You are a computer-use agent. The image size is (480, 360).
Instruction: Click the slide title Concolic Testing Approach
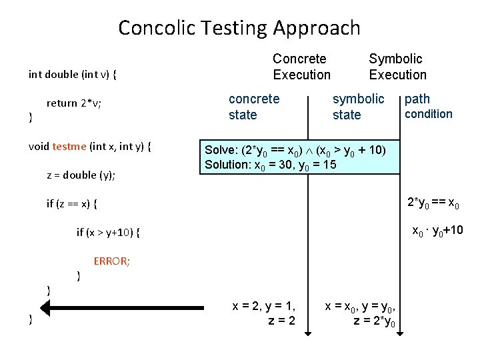[239, 28]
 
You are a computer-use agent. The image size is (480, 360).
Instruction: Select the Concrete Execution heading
[301, 67]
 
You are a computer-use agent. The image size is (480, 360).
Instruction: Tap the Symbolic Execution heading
[397, 67]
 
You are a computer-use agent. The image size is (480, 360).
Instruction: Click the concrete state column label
[254, 107]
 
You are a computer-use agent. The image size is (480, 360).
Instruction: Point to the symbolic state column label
[358, 107]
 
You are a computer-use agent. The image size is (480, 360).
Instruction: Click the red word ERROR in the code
[112, 261]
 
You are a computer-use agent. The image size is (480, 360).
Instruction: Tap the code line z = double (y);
[81, 175]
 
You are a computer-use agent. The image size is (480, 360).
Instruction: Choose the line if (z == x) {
[76, 204]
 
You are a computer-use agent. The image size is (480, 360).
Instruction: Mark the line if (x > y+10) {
[109, 233]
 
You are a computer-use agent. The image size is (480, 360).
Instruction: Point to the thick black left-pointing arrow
[120, 307]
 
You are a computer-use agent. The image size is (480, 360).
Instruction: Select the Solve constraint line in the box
[294, 150]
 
